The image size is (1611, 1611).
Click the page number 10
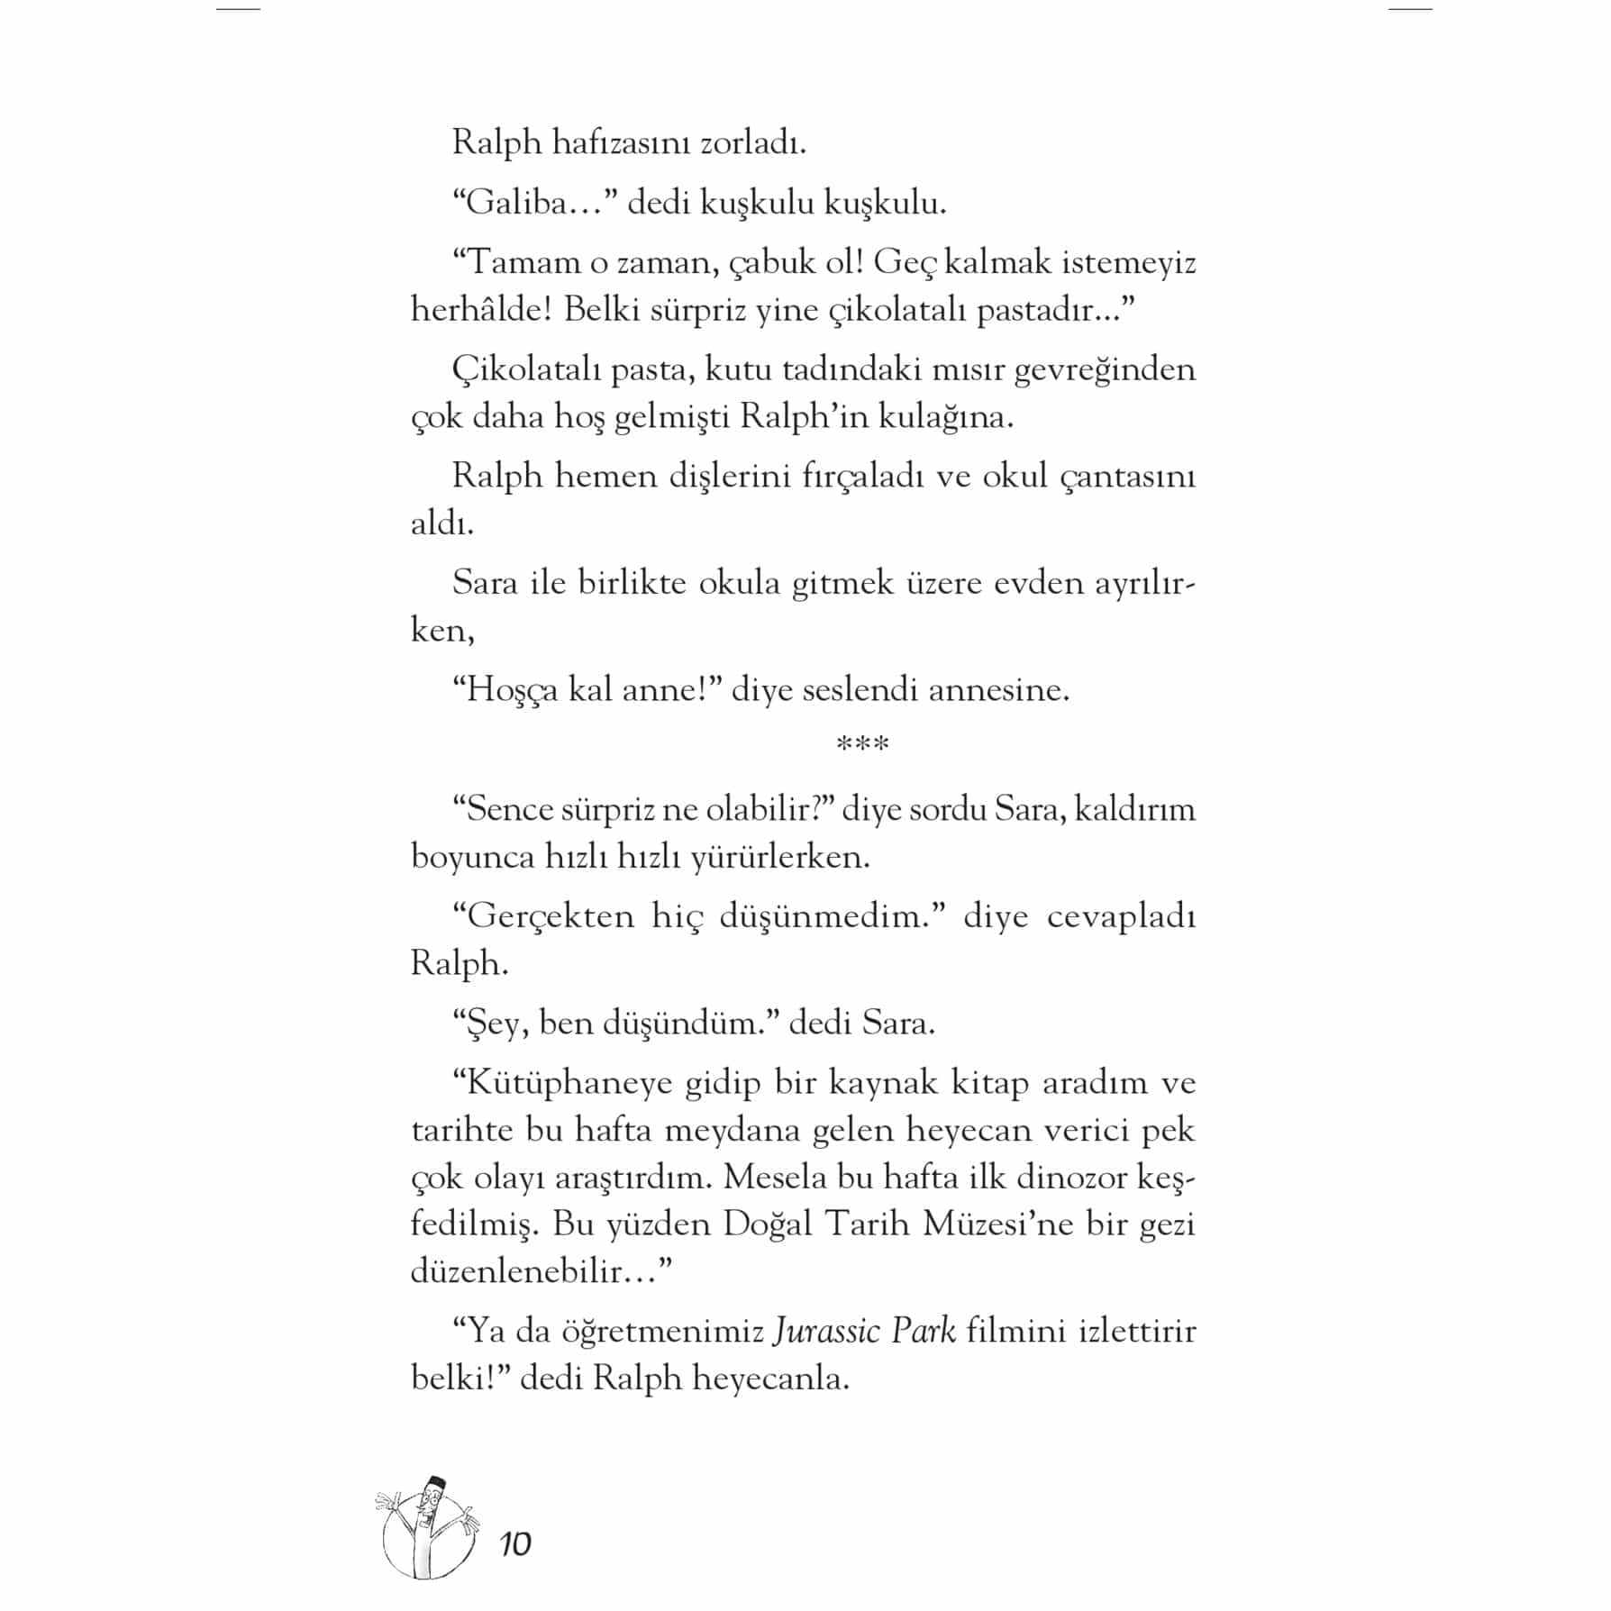[515, 1544]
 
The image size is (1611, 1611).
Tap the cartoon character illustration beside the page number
[427, 1530]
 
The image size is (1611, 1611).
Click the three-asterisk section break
[862, 745]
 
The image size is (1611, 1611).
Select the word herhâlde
[481, 310]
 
